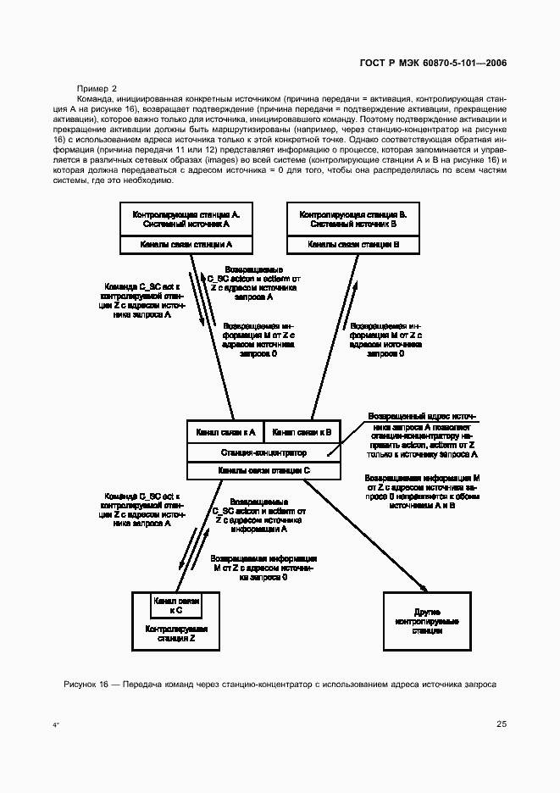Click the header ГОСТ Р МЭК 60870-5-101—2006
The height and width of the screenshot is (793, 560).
point(435,64)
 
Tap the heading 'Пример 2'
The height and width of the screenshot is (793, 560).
point(97,87)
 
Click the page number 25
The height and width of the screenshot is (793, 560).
point(501,724)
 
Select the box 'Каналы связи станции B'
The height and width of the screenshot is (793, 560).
point(353,244)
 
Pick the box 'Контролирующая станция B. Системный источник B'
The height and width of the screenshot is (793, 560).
point(353,220)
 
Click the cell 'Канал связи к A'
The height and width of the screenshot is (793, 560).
point(225,431)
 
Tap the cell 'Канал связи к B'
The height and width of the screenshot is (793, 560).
point(302,431)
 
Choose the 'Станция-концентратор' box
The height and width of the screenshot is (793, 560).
point(263,452)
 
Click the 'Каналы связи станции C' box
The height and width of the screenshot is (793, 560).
point(263,469)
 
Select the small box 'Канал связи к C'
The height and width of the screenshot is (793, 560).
point(176,604)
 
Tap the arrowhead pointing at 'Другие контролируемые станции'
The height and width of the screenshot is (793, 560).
point(420,585)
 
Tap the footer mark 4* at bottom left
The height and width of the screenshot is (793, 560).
point(56,726)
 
